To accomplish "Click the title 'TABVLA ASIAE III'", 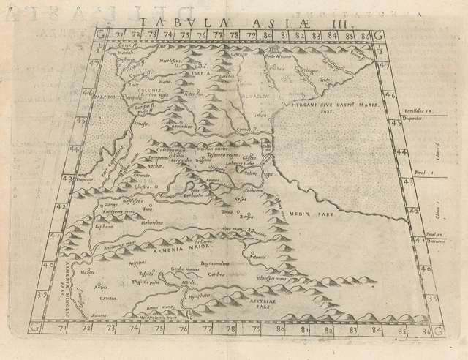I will pyautogui.click(x=234, y=22).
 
